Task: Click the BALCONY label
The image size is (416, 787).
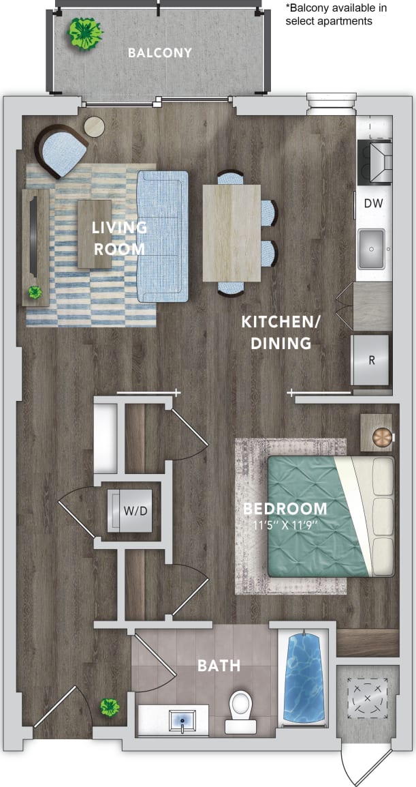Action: (160, 53)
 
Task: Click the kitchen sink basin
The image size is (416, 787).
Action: (372, 248)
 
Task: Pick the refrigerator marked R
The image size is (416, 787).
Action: (371, 360)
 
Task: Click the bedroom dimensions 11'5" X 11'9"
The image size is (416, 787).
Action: (285, 526)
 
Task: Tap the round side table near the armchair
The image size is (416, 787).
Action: (95, 126)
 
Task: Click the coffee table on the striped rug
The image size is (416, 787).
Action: (94, 233)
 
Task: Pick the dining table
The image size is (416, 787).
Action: (231, 233)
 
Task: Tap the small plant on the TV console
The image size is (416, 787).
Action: (35, 293)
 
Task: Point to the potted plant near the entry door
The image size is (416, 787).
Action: (108, 707)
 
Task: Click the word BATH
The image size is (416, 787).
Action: (219, 665)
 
